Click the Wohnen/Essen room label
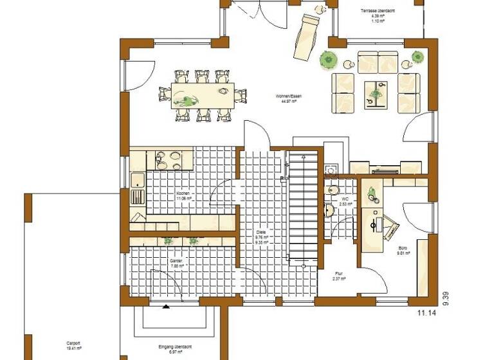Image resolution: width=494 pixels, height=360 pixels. click(289, 96)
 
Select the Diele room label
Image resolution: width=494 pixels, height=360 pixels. click(261, 231)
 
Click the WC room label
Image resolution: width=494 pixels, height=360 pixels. click(345, 199)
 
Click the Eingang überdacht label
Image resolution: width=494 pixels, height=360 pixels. click(175, 347)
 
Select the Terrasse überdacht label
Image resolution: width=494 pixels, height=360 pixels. click(378, 10)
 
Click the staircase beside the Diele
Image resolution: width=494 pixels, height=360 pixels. click(302, 212)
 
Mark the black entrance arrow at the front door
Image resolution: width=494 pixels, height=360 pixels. click(166, 306)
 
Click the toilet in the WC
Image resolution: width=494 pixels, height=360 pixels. click(332, 190)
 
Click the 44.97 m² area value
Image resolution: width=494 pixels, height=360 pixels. click(289, 102)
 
